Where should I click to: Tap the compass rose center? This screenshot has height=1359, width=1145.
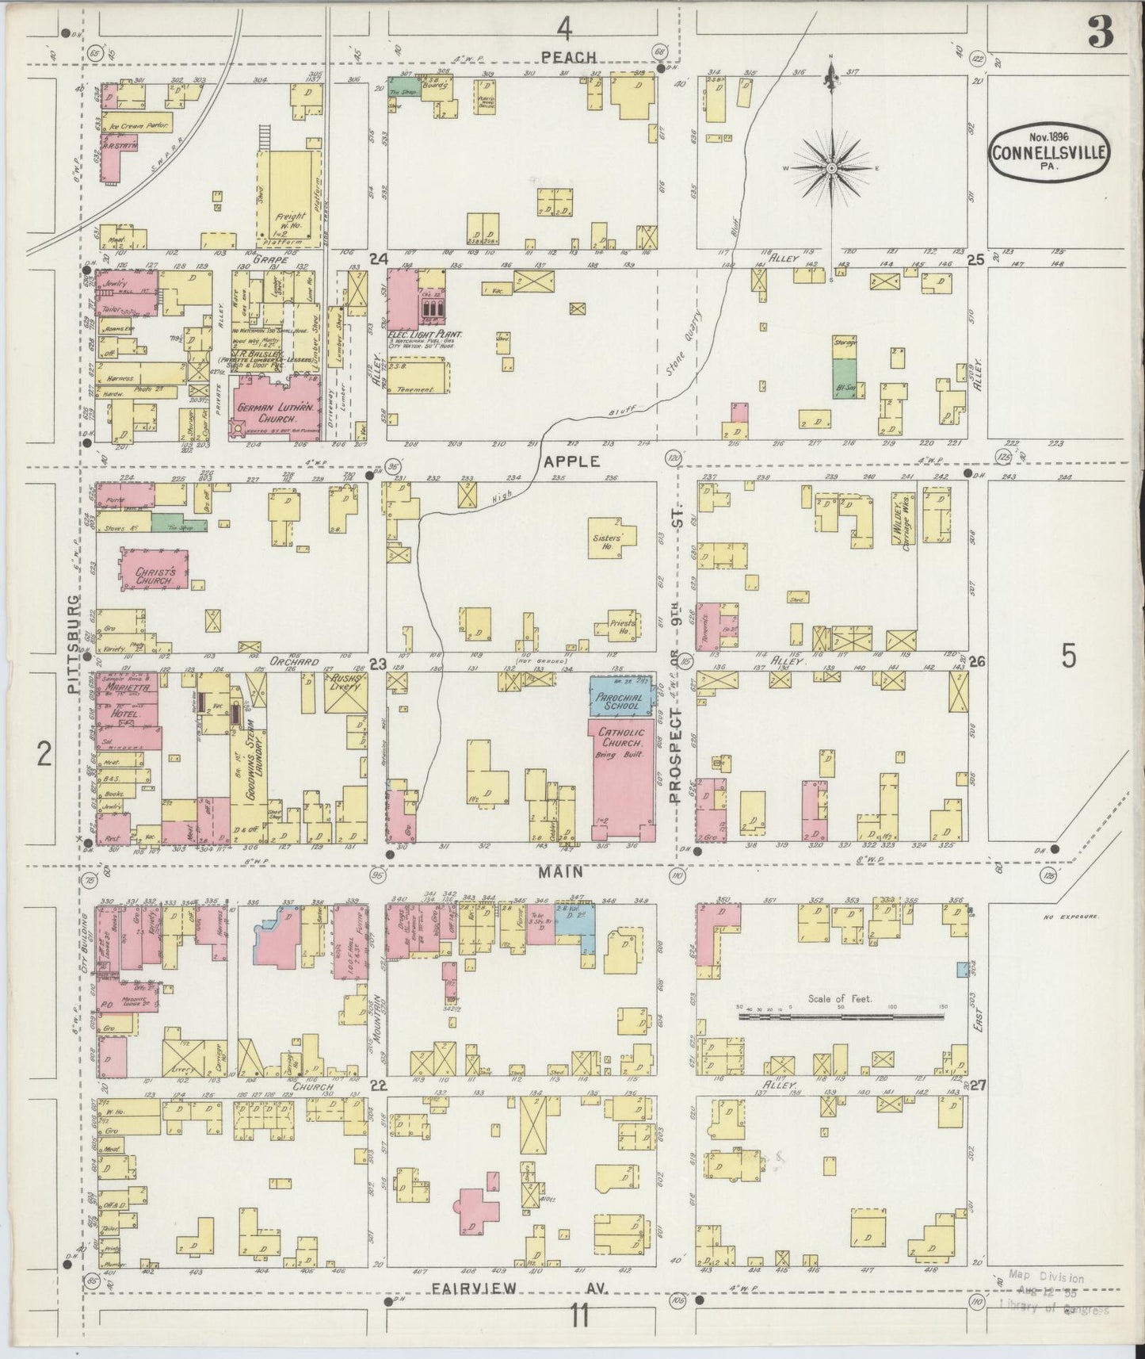click(832, 168)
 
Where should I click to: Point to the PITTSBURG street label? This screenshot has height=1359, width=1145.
click(74, 644)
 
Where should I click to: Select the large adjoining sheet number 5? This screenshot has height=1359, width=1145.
click(1069, 656)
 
